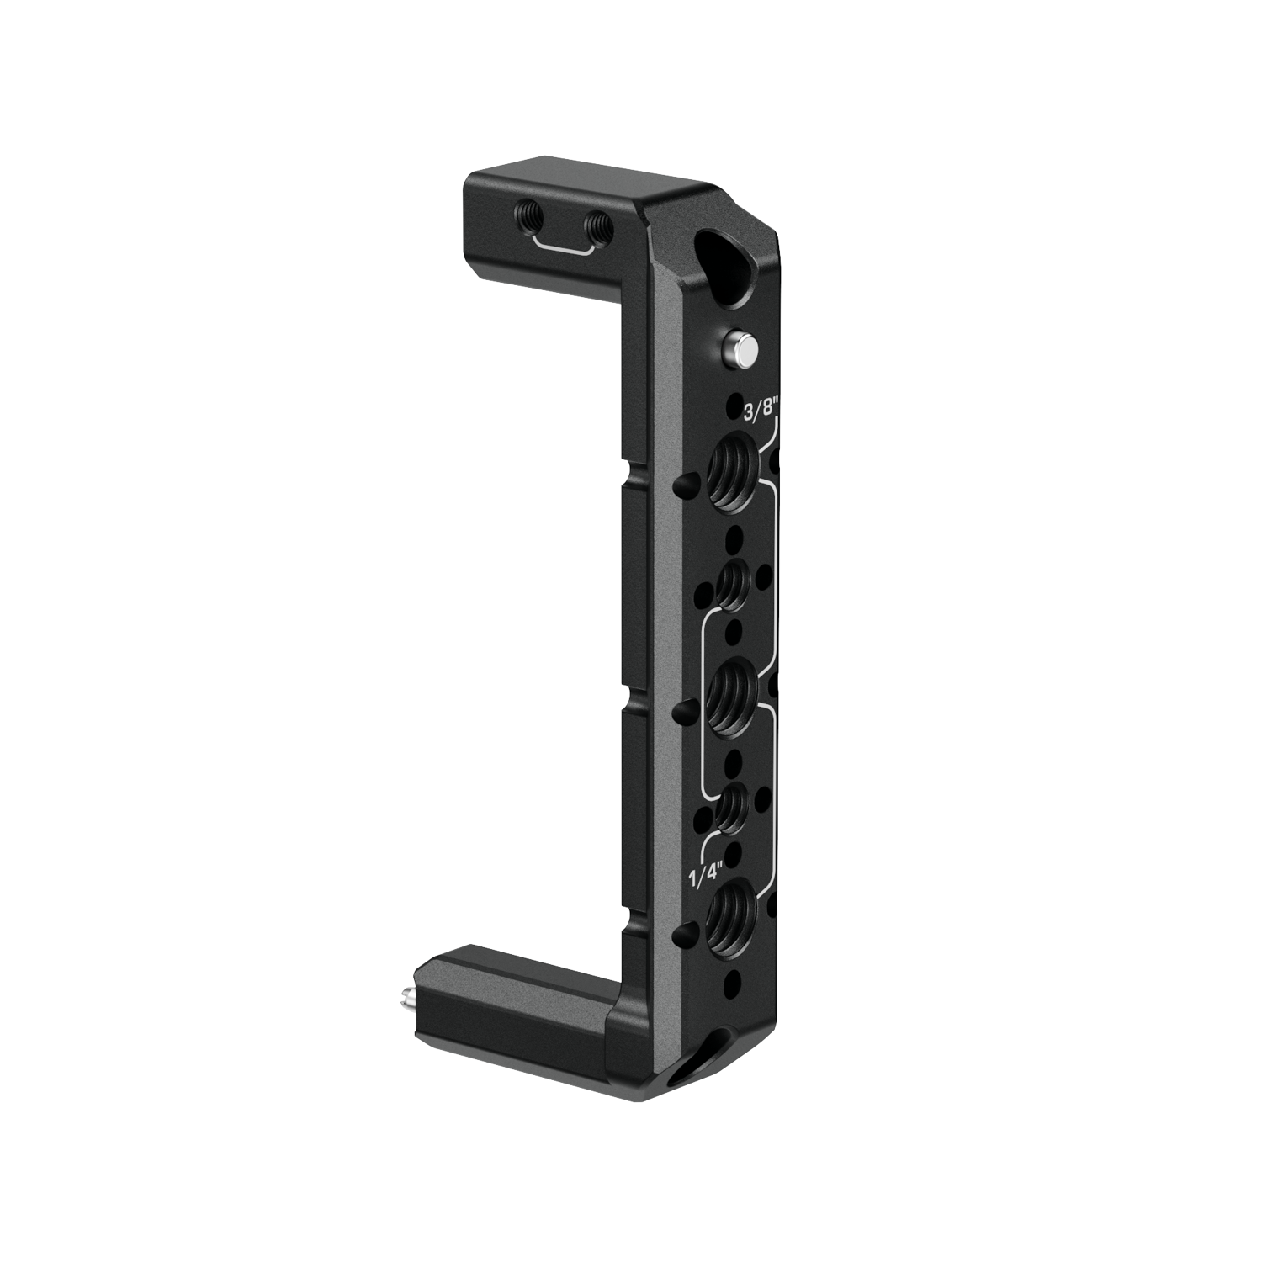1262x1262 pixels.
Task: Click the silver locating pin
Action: point(740,348)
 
